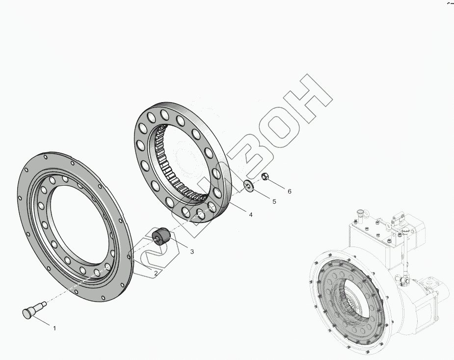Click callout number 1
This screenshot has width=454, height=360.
54,328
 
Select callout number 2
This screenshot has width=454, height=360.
156,273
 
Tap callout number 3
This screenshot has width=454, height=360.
192,251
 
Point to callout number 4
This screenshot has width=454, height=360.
251,215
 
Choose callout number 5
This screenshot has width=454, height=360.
274,201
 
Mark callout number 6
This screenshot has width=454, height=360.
289,191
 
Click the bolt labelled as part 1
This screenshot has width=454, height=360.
34,309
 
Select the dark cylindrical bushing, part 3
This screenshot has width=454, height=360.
160,236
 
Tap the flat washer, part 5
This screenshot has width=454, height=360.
248,186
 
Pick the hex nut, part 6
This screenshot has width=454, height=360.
265,176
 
